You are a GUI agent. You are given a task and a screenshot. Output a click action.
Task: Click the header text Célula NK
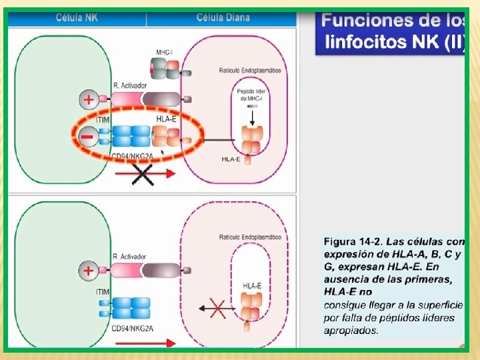coord(77,17)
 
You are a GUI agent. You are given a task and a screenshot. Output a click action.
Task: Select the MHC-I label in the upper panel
coord(165,51)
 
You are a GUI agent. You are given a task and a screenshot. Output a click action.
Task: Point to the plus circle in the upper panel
coord(87,100)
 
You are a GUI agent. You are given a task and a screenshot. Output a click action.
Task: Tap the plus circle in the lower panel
coord(87,271)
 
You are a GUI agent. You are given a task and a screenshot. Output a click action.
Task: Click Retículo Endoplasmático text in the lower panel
coord(249,237)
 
